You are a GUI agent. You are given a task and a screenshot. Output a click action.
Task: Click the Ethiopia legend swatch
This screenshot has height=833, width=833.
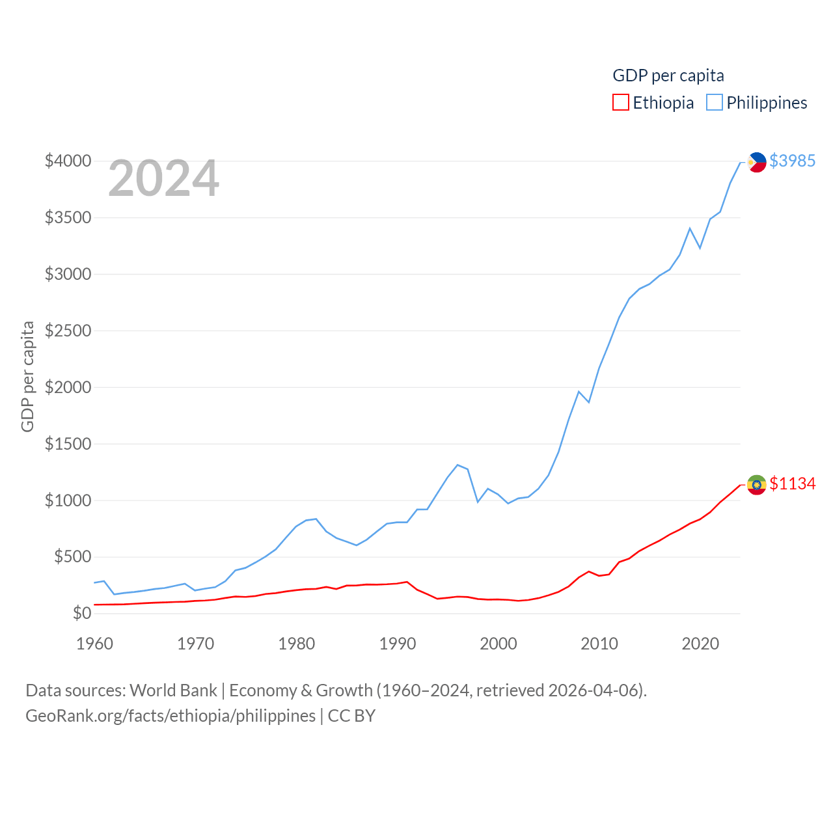pyautogui.click(x=621, y=103)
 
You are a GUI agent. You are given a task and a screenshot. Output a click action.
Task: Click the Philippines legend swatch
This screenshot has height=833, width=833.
pyautogui.click(x=715, y=103)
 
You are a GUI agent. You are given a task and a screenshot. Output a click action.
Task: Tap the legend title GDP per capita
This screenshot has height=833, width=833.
pyautogui.click(x=668, y=75)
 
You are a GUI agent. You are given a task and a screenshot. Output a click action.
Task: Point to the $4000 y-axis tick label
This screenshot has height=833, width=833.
pyautogui.click(x=68, y=161)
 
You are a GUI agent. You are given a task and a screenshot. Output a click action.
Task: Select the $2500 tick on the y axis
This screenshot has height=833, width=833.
pyautogui.click(x=68, y=331)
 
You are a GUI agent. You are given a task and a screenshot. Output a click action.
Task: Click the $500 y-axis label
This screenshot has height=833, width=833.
pyautogui.click(x=72, y=557)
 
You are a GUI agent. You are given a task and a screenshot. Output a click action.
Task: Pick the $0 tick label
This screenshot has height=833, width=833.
pyautogui.click(x=82, y=613)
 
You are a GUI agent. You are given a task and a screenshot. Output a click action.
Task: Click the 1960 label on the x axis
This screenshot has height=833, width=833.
pyautogui.click(x=95, y=644)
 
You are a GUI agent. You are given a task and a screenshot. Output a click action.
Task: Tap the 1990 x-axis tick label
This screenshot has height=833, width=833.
pyautogui.click(x=398, y=644)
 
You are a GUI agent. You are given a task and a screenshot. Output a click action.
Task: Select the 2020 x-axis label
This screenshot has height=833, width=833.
pyautogui.click(x=700, y=644)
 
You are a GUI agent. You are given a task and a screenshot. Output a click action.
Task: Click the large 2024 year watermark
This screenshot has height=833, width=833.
pyautogui.click(x=163, y=178)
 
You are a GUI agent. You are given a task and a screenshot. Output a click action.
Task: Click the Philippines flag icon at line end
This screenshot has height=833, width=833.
pyautogui.click(x=756, y=161)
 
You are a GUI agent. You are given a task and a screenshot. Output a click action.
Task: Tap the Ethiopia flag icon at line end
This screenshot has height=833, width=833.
pyautogui.click(x=756, y=484)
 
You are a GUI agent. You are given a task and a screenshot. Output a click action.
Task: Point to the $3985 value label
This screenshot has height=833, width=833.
pyautogui.click(x=792, y=161)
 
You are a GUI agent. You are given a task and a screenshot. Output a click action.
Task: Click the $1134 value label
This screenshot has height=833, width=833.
pyautogui.click(x=792, y=484)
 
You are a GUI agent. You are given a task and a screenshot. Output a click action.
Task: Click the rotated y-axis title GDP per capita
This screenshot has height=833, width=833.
pyautogui.click(x=27, y=376)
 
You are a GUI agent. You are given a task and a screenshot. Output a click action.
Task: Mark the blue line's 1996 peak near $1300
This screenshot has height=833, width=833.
pyautogui.click(x=457, y=465)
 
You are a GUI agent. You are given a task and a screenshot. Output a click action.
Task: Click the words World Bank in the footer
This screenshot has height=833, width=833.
pyautogui.click(x=173, y=690)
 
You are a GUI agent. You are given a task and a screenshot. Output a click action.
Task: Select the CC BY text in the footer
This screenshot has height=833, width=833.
pyautogui.click(x=351, y=716)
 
